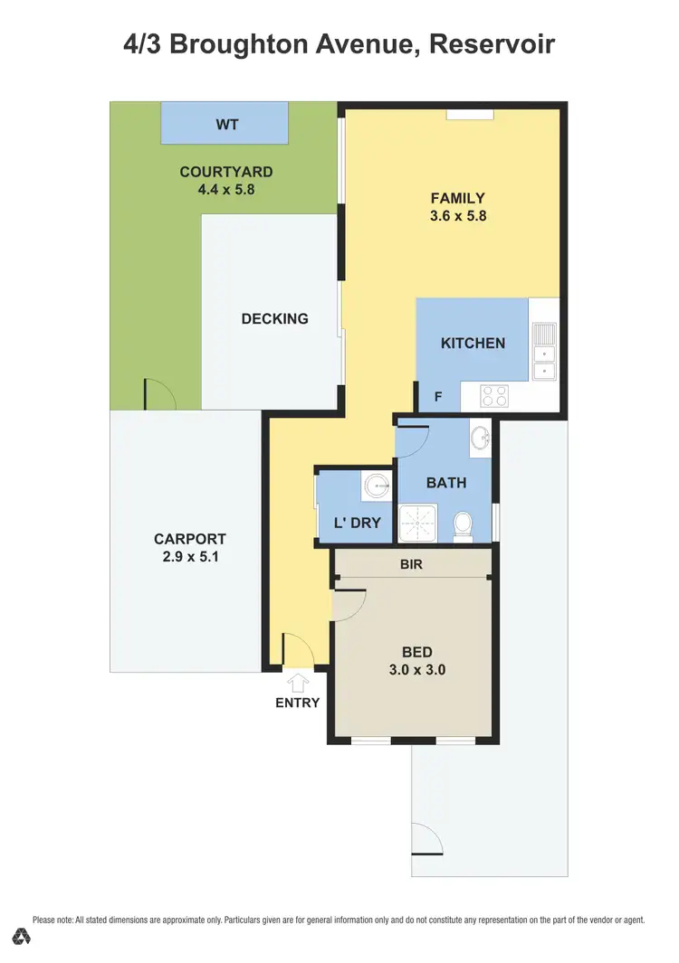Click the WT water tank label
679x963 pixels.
(226, 124)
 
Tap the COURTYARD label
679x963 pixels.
(225, 172)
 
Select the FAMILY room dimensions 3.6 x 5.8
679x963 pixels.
(458, 216)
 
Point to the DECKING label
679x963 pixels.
(274, 318)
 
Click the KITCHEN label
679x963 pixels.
(473, 343)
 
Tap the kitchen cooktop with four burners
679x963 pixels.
(494, 395)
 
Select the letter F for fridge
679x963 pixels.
(438, 396)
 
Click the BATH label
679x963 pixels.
(446, 482)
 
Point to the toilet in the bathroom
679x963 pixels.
(463, 524)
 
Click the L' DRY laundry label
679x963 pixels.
(358, 523)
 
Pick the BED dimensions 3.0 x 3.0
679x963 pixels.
(417, 670)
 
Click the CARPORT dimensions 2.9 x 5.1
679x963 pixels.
(189, 557)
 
